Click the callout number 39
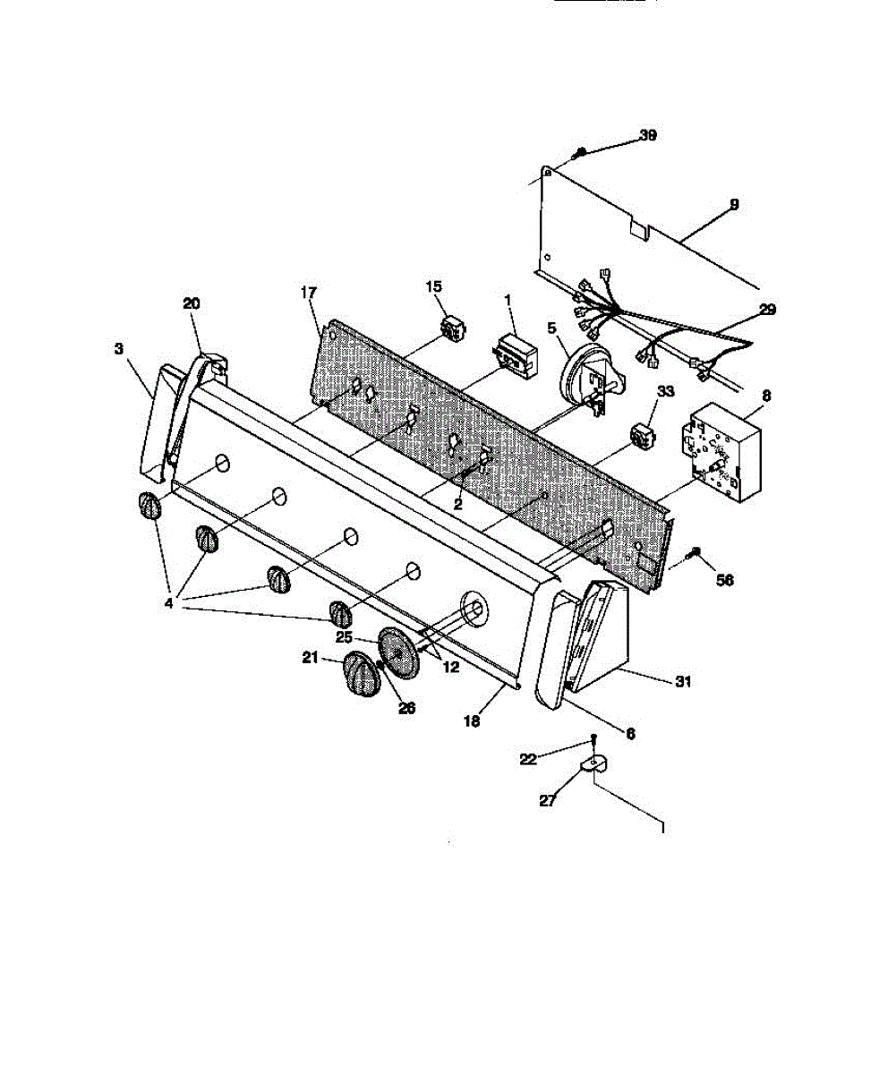647,136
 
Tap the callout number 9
734,205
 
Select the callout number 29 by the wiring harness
768,310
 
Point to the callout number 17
309,292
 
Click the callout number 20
192,303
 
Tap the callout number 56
724,580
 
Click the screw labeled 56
696,554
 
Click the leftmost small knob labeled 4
149,507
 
